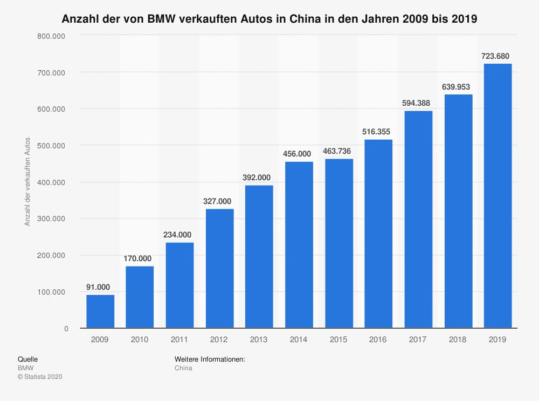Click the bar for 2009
[100, 311]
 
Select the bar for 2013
[259, 256]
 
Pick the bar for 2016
[378, 234]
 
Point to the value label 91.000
[98, 287]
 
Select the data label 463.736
[338, 151]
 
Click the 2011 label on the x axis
[179, 339]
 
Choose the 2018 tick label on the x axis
[458, 339]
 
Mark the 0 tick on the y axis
[66, 329]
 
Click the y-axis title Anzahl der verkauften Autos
[27, 182]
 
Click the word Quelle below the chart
[28, 359]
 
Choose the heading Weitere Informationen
[210, 359]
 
